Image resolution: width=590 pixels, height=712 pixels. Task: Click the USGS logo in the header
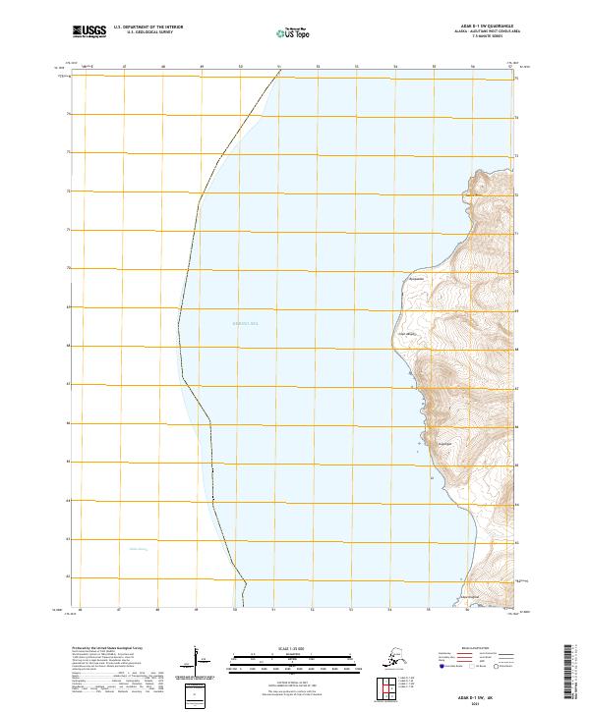[x=89, y=32]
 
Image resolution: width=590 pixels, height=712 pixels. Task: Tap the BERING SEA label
[x=244, y=322]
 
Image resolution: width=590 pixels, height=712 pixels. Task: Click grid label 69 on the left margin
[x=68, y=307]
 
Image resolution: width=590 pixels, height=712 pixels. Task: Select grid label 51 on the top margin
[x=279, y=68]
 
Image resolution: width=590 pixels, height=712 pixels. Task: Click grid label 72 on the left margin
[x=68, y=192]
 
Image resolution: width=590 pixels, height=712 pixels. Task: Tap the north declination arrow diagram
[x=195, y=660]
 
